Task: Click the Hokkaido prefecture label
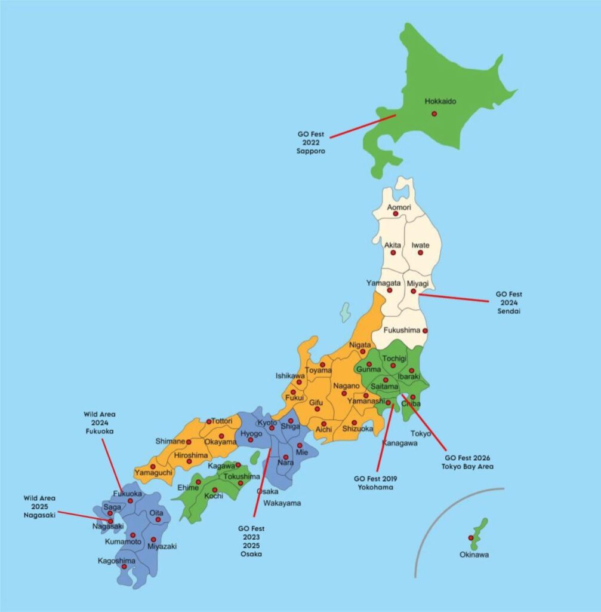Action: (x=440, y=102)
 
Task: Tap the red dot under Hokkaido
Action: (x=434, y=114)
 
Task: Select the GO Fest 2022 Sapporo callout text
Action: (x=312, y=143)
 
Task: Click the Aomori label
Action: (x=399, y=207)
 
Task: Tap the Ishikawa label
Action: (x=289, y=376)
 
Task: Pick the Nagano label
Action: (x=346, y=385)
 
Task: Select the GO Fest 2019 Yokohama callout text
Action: (x=375, y=483)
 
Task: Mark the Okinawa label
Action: (x=474, y=555)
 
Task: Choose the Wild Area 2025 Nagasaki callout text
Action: (x=40, y=506)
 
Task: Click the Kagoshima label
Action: (x=116, y=561)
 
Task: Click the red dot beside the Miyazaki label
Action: (x=153, y=539)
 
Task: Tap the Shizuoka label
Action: (x=357, y=429)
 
